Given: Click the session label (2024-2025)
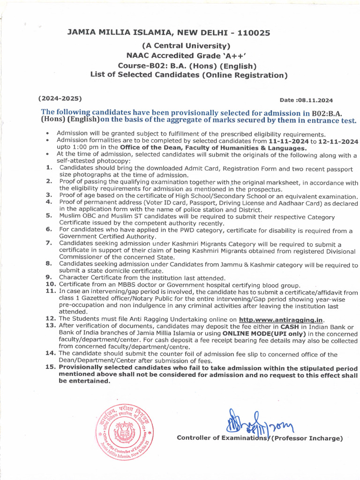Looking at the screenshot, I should click(x=60, y=98).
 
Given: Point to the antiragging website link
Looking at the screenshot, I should click(x=281, y=320).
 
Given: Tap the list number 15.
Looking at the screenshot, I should click(x=51, y=368).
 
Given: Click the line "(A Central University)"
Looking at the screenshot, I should click(x=187, y=46).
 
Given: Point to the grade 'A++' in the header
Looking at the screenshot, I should click(x=238, y=56).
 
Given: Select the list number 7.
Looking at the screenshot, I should click(x=49, y=243).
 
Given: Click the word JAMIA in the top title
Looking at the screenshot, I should click(x=84, y=33).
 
